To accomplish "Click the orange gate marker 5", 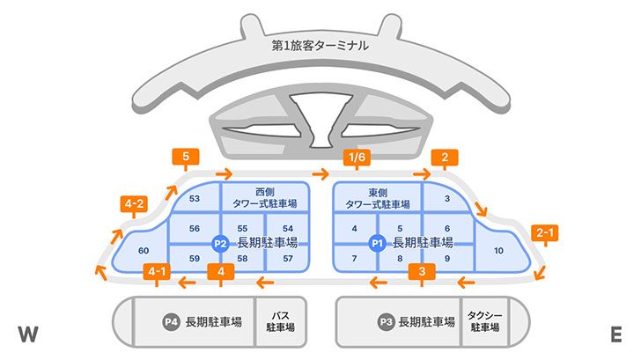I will (186, 158).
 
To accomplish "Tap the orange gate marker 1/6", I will (357, 158).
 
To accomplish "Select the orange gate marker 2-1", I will (545, 233).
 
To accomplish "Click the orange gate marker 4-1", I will (158, 271).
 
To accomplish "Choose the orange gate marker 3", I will (423, 271).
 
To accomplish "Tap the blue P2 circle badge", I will (221, 243).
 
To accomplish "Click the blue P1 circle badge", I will (377, 243).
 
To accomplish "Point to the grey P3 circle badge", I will (385, 321).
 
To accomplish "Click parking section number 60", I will (144, 252).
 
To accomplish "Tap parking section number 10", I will (498, 252).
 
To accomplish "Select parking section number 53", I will (195, 199).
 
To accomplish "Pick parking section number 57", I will (288, 259).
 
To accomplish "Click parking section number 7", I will (353, 259).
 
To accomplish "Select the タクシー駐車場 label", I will (483, 321).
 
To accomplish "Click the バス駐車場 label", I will (280, 321).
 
